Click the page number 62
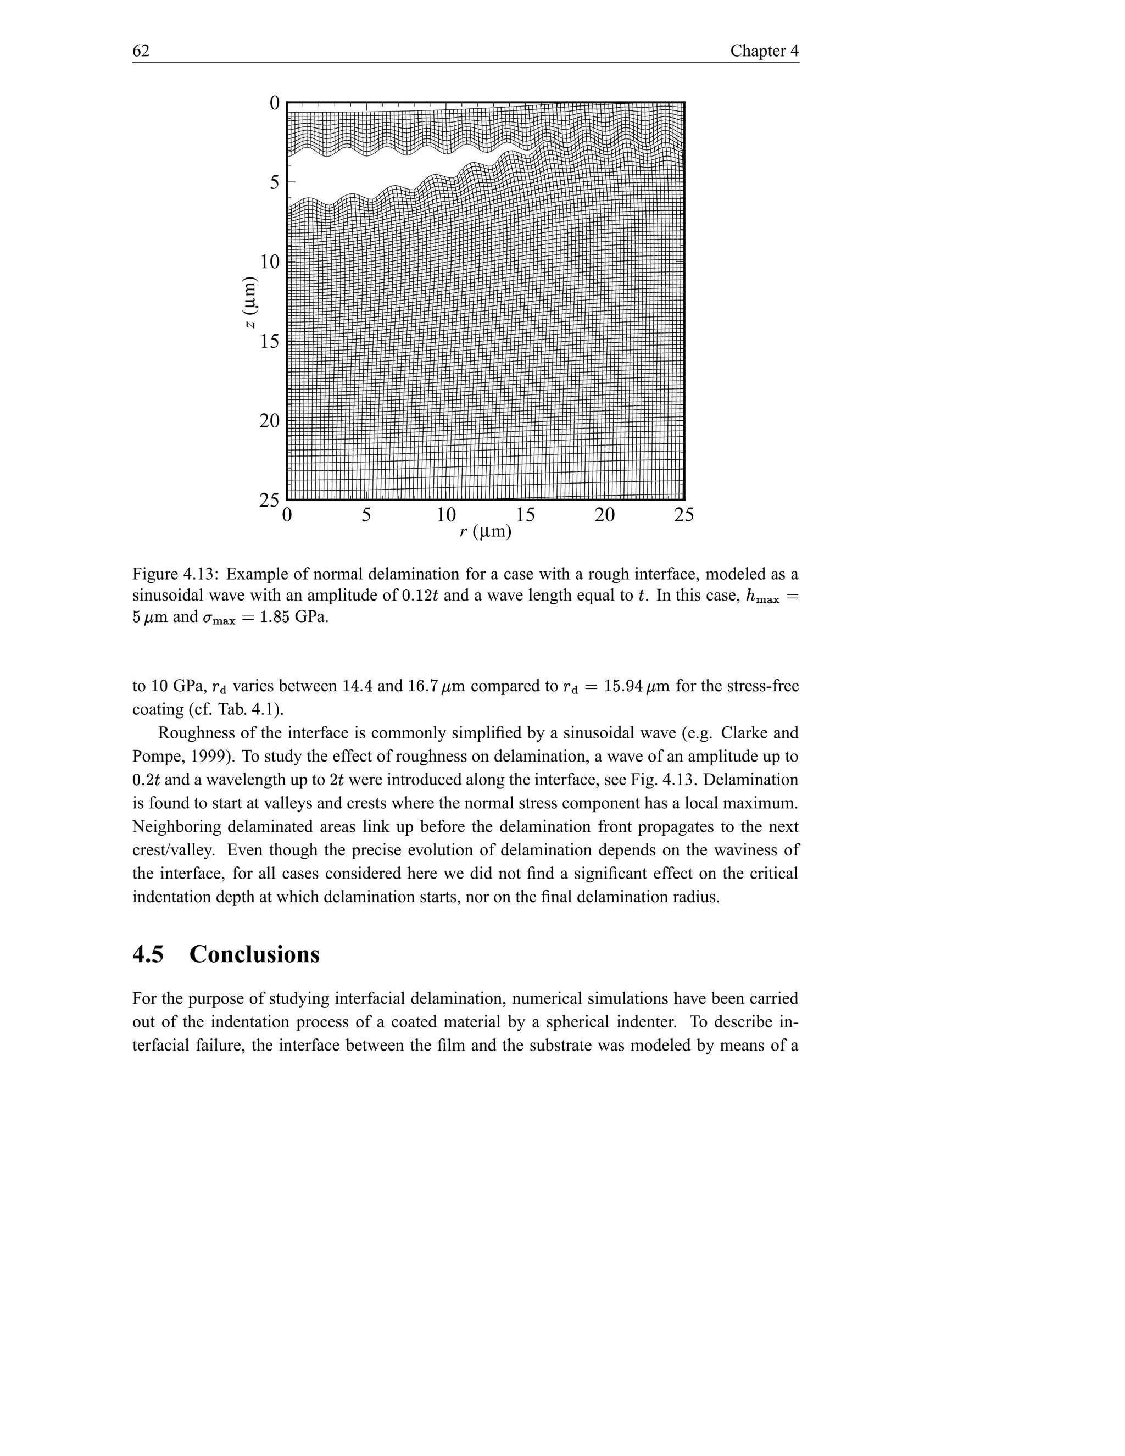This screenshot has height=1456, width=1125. [x=141, y=51]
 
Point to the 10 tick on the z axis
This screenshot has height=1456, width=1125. [x=269, y=262]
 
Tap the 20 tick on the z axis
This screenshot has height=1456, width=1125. [x=269, y=421]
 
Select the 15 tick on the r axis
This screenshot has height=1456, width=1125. [x=525, y=515]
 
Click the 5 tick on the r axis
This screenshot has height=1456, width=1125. [x=366, y=515]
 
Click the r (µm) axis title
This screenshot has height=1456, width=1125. [x=485, y=532]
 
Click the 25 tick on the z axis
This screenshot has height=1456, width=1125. [x=269, y=500]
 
